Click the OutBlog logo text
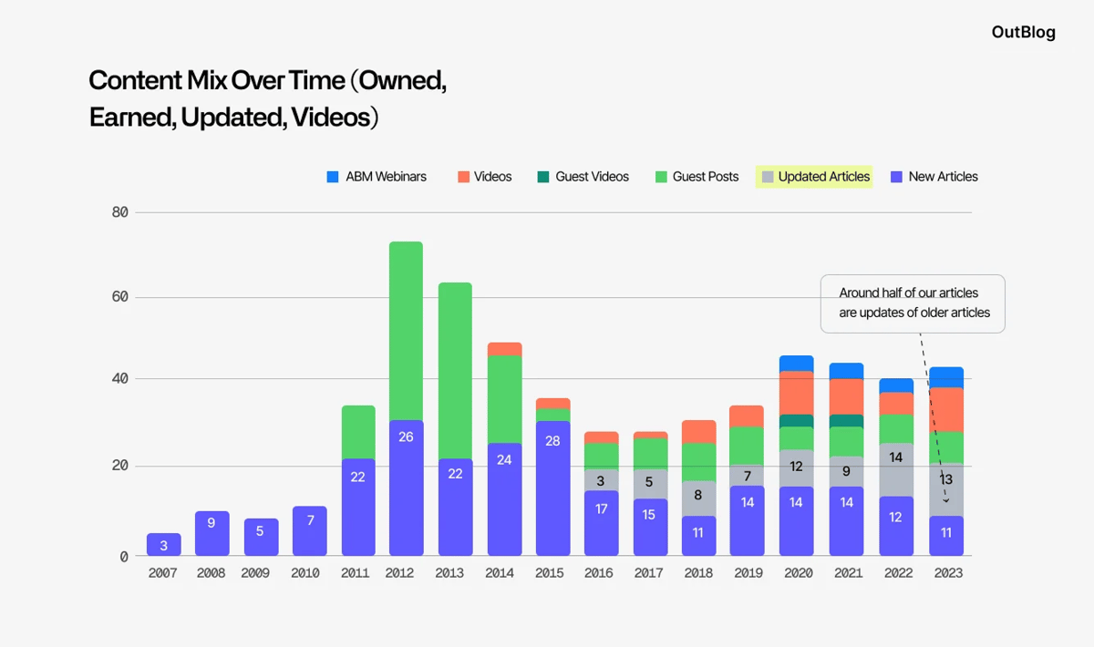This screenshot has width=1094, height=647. [x=1023, y=33]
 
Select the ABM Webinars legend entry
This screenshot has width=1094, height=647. [x=377, y=177]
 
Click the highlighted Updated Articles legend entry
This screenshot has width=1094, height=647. [x=814, y=177]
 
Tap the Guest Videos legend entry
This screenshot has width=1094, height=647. [x=583, y=177]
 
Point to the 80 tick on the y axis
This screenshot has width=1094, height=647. [x=119, y=212]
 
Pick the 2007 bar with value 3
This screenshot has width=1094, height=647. [x=163, y=545]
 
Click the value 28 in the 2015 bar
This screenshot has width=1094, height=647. [x=552, y=441]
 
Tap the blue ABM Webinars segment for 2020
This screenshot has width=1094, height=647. [x=796, y=364]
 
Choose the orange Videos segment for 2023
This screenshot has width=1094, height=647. [x=946, y=410]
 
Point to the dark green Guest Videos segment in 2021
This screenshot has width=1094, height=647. [x=846, y=421]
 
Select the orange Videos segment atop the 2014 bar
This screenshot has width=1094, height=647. [x=504, y=349]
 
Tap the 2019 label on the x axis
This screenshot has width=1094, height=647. [x=747, y=573]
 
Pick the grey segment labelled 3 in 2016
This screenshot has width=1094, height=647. [x=601, y=480]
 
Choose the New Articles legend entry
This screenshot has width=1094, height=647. [x=934, y=177]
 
